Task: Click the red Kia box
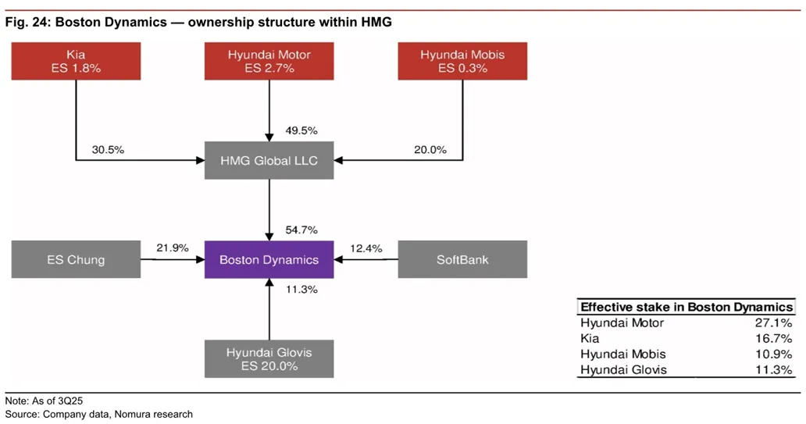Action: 76,62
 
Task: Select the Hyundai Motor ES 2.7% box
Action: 269,62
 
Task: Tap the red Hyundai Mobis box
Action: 462,62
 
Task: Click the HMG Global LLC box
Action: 269,161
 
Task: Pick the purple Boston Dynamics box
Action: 269,260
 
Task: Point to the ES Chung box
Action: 76,260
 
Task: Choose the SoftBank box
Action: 462,260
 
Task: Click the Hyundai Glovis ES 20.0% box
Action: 269,359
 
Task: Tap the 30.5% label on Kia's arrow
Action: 108,150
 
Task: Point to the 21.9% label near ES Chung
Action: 173,248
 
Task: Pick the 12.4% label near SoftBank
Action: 366,248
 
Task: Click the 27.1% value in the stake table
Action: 776,323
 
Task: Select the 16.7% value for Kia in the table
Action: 776,339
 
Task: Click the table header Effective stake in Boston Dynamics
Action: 687,308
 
